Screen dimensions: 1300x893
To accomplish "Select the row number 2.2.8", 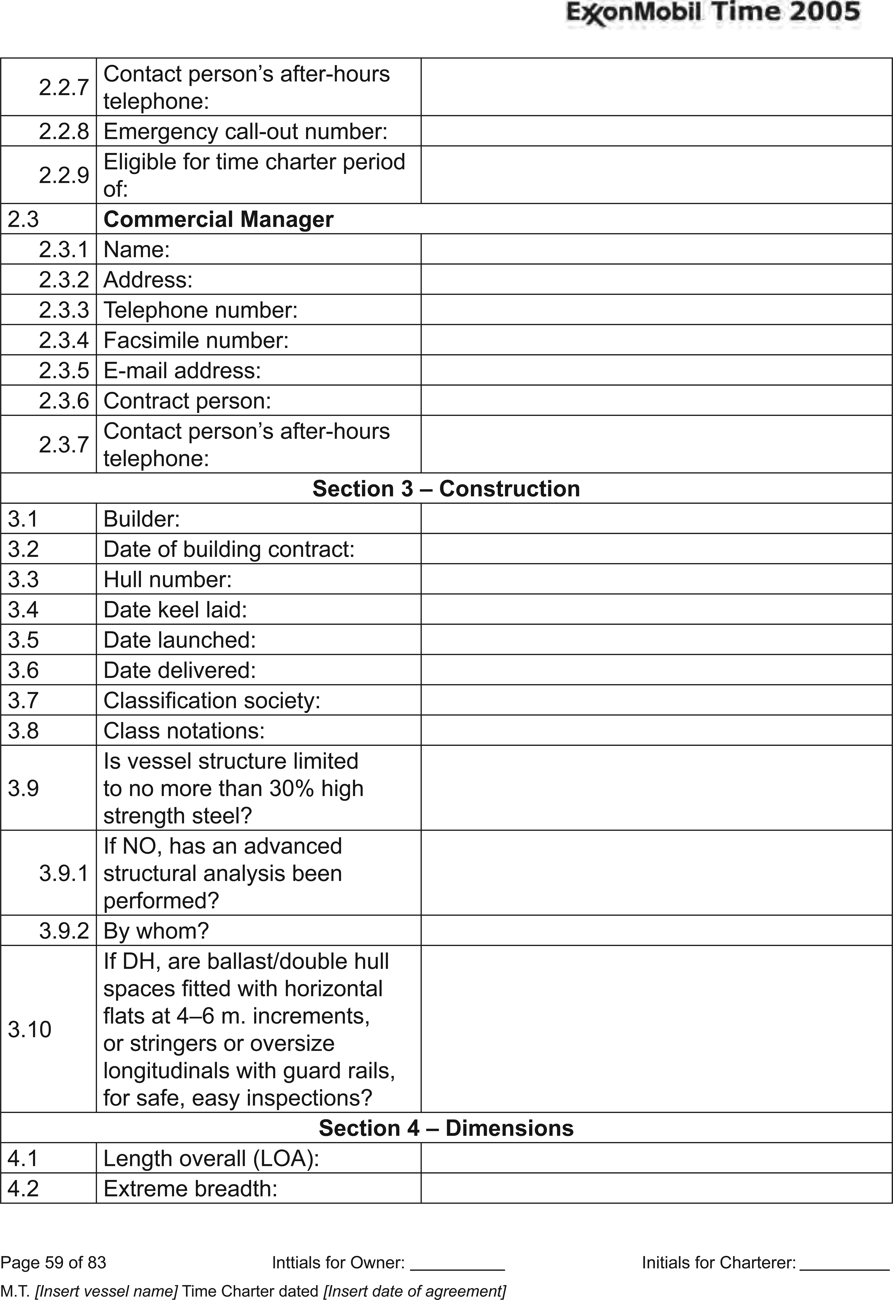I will click(64, 131).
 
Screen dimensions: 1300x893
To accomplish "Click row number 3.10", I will click(30, 1029).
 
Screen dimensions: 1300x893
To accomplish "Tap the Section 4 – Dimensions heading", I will click(446, 1128).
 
